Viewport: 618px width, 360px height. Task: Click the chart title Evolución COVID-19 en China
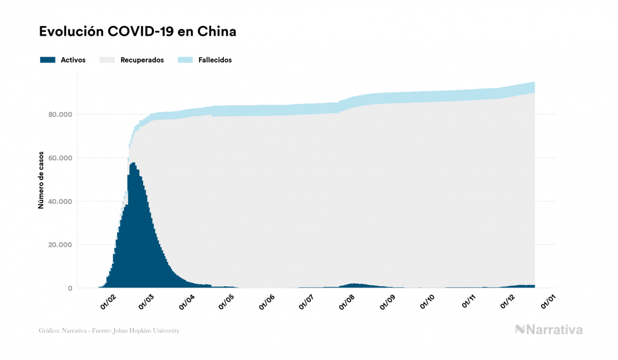pos(137,32)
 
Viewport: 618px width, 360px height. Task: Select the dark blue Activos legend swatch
pos(48,60)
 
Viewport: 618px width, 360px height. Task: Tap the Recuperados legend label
pos(142,60)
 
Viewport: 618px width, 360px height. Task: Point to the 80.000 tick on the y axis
pos(60,114)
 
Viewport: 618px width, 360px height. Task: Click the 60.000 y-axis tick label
pos(60,158)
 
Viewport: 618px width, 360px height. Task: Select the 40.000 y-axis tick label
pos(60,201)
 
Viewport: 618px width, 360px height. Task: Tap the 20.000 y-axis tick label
pos(60,245)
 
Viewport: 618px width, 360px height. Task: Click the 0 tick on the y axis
pos(70,288)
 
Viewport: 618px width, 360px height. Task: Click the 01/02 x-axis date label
pos(107,302)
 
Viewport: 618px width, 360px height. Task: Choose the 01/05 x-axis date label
pos(226,302)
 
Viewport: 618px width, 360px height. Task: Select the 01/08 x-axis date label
pos(347,302)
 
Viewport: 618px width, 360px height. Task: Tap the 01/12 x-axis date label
pos(508,302)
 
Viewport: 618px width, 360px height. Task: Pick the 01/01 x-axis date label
pos(548,302)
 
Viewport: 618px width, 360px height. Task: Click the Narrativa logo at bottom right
pos(549,330)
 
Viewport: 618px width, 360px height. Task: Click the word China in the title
pos(217,32)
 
